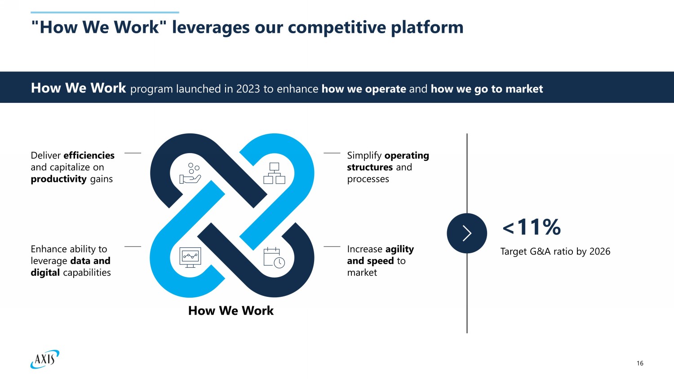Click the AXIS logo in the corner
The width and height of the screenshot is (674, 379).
pos(45,359)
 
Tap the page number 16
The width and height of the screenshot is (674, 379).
pos(640,363)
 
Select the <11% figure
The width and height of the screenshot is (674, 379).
pos(532,227)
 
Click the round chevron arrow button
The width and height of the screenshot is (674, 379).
pos(467,233)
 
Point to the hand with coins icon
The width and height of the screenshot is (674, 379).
pos(190,173)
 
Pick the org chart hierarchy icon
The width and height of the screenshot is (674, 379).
pos(274,173)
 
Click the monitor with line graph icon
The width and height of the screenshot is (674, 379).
pos(190,257)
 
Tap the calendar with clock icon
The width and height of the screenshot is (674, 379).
pos(274,257)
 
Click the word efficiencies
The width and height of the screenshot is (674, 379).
pos(89,155)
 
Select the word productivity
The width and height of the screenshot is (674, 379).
pos(58,179)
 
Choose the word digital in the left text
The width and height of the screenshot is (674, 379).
pos(45,273)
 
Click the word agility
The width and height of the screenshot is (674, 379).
pos(399,249)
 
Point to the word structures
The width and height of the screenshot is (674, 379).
pos(370,167)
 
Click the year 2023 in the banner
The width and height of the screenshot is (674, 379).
pos(248,89)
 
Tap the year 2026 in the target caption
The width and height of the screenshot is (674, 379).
pos(599,251)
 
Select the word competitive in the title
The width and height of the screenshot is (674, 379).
pos(337,27)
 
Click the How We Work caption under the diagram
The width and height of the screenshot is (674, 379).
pos(231,311)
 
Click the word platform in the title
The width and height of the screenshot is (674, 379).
pos(427,27)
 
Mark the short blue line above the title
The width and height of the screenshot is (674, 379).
pos(105,13)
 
